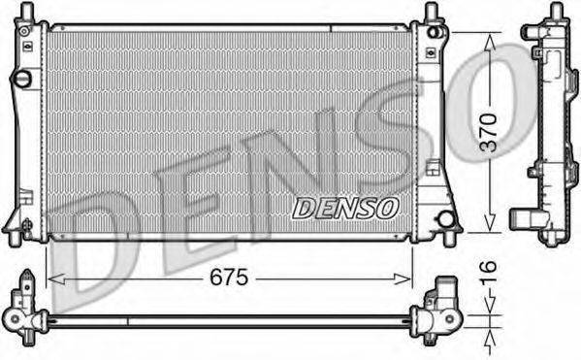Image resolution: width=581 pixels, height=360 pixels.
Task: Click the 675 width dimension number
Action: tap(229, 278)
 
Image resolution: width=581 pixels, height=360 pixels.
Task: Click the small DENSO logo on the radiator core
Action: tap(345, 208)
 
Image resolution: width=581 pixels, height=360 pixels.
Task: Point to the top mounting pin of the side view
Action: tap(556, 12)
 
